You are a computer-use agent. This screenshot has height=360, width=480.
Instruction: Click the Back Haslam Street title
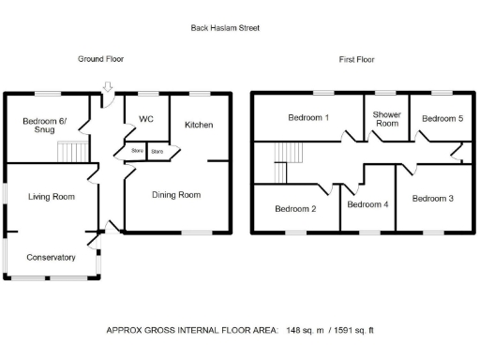[225, 28]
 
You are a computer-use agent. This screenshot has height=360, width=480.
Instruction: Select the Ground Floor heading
[100, 59]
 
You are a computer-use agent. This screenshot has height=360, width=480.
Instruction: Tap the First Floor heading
[358, 59]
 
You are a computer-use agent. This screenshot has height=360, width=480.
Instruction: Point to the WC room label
[145, 119]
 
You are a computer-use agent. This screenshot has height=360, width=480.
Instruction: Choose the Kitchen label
[198, 125]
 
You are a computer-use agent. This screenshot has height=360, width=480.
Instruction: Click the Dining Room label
[176, 195]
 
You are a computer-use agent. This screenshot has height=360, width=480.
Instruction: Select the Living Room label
[51, 197]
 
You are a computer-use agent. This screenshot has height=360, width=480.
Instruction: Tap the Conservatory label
[51, 257]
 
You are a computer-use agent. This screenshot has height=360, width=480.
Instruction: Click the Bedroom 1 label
[308, 118]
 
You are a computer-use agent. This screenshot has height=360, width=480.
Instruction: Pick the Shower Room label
[386, 119]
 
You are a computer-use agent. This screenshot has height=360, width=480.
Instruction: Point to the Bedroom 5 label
[442, 119]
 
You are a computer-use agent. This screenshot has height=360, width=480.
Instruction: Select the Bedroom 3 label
[433, 199]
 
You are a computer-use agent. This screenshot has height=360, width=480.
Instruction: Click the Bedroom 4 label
[367, 204]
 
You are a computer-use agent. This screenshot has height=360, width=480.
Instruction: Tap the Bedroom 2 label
[294, 209]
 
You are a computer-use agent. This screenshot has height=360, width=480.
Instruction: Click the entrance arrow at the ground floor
[108, 88]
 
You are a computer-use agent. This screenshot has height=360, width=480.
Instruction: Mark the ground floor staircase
[71, 152]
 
